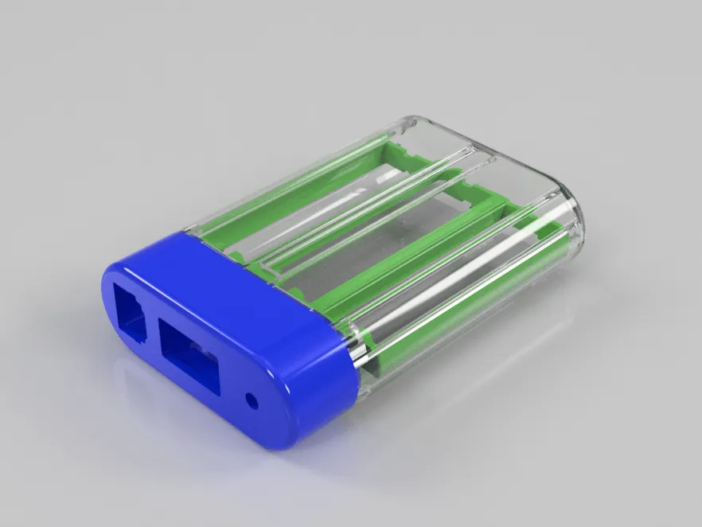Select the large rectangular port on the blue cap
point(189,355)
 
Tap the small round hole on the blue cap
point(253,400)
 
